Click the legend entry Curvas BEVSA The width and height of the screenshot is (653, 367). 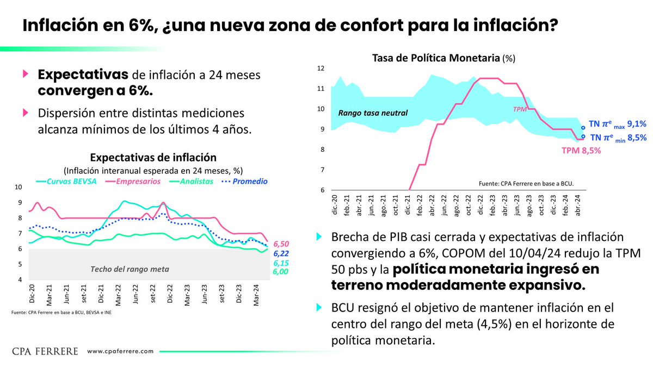click(67, 181)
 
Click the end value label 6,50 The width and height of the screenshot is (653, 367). click(281, 244)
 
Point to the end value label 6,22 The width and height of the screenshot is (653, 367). click(281, 253)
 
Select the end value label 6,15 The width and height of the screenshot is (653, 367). click(281, 263)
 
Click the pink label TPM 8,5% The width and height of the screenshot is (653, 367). click(581, 151)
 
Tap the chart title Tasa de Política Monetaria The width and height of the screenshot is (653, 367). click(435, 57)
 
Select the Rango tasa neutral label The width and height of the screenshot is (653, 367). click(373, 114)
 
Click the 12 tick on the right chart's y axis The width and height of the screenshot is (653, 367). click(320, 69)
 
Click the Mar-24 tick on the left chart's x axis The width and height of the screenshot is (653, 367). click(257, 298)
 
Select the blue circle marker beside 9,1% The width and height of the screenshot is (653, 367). click(583, 128)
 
